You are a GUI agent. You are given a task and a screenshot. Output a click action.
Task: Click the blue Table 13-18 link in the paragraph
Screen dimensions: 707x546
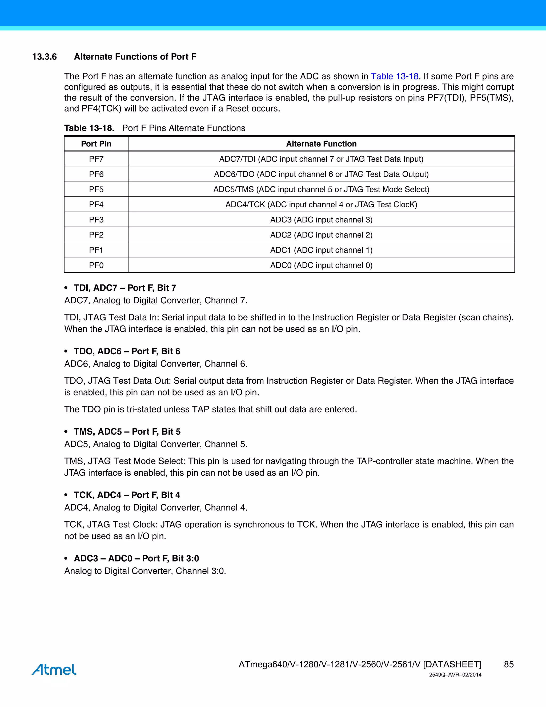pos(394,76)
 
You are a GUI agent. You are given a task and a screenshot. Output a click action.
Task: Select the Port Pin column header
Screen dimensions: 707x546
pos(96,144)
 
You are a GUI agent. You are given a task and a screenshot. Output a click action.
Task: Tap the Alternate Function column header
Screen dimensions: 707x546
pos(321,144)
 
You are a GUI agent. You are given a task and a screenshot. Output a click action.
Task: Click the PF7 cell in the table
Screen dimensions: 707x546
pos(96,159)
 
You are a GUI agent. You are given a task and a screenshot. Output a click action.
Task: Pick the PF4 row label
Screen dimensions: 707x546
pos(96,205)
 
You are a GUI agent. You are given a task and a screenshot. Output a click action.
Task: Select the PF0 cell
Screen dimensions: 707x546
pos(96,265)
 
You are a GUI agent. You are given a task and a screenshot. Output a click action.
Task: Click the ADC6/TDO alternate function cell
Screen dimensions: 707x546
pos(321,174)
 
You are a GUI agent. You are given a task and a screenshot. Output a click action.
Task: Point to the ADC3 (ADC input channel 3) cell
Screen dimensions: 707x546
pos(321,220)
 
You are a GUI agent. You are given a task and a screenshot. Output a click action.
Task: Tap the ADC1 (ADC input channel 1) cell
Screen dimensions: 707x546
pos(321,250)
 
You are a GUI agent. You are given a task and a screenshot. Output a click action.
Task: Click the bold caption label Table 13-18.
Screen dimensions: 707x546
pos(89,128)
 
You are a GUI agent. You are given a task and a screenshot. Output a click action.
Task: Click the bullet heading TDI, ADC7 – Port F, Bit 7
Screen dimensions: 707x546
pos(125,288)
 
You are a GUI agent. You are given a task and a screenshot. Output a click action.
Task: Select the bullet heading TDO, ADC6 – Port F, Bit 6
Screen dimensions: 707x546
pos(127,351)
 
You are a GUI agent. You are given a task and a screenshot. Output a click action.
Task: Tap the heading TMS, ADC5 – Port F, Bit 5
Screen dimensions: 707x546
pos(127,431)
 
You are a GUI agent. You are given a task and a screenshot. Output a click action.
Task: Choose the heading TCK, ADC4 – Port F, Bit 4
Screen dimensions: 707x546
pos(127,495)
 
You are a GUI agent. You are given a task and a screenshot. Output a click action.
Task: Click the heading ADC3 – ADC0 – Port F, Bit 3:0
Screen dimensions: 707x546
pos(136,558)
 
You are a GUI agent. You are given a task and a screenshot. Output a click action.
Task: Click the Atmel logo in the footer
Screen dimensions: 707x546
pos(54,669)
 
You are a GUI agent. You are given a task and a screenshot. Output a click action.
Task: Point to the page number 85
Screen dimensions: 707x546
pos(508,665)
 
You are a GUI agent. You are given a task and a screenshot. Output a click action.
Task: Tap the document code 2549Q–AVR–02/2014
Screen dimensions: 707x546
pos(455,675)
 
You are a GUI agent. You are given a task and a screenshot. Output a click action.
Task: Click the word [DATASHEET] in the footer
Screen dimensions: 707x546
pos(452,665)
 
